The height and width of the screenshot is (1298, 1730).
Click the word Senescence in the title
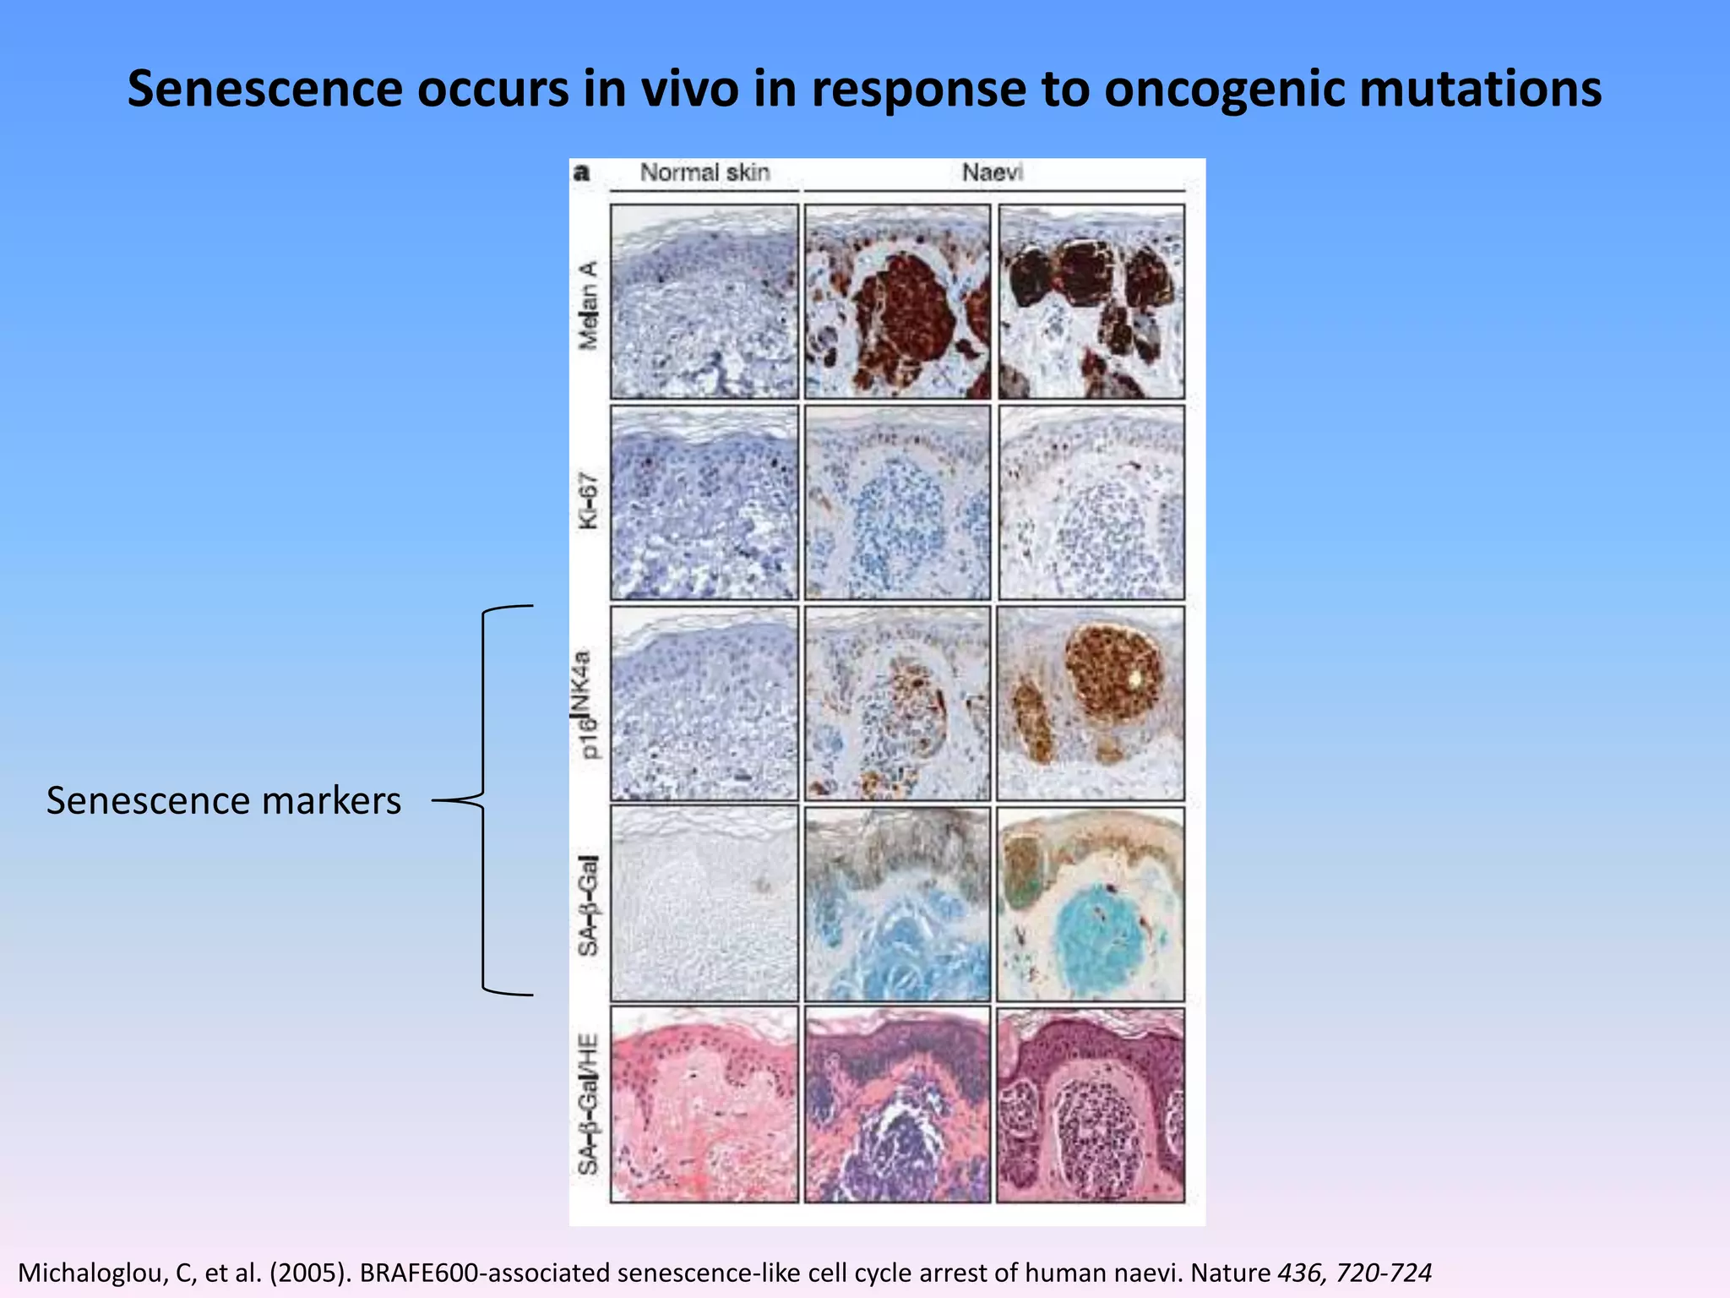tap(264, 90)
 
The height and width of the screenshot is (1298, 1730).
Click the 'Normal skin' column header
tap(705, 172)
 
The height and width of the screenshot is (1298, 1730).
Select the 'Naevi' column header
tap(992, 172)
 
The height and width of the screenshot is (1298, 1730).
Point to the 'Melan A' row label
tap(588, 305)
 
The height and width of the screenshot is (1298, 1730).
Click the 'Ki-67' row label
tap(588, 501)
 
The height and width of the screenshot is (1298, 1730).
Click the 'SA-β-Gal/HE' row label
tap(588, 1104)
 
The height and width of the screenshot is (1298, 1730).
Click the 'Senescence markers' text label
tap(224, 801)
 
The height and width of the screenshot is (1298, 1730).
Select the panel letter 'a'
tap(581, 173)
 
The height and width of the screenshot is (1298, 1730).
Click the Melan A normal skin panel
tap(704, 302)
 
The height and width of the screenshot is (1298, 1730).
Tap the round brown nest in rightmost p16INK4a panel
tap(1113, 672)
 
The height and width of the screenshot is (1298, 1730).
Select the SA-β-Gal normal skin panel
tap(704, 904)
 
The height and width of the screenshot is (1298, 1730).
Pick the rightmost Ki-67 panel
tap(1091, 503)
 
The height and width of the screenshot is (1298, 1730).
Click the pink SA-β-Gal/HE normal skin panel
tap(704, 1104)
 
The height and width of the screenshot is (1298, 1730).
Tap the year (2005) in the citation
tap(309, 1273)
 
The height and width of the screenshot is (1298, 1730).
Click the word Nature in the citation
tap(1230, 1273)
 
